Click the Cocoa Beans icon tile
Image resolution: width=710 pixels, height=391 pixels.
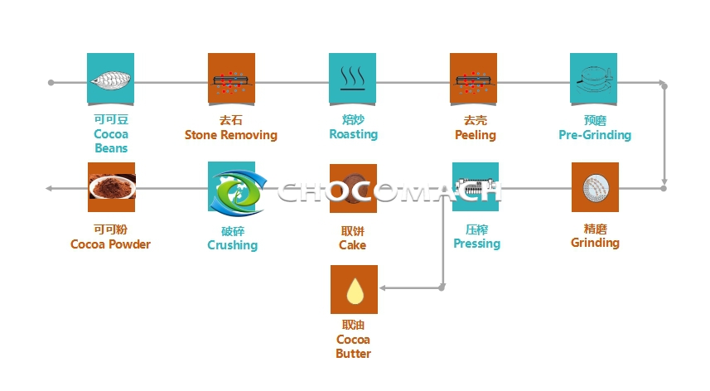110,80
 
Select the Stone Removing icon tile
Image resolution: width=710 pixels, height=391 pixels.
231,80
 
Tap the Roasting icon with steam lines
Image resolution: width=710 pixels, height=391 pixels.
352,80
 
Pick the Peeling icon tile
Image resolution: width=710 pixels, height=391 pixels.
473,80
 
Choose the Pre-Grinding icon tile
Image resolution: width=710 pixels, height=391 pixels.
594,80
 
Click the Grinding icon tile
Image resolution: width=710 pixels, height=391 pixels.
594,187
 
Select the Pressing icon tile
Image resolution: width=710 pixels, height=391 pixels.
475,187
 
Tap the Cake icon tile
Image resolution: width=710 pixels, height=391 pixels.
353,188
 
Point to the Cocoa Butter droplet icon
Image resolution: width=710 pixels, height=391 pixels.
354,289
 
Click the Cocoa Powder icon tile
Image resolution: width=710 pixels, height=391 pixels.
111,187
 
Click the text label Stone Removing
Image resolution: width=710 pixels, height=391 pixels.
230,135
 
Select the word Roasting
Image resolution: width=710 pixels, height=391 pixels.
353,134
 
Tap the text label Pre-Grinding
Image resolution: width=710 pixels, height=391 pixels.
594,135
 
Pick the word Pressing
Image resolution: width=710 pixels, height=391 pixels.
476,244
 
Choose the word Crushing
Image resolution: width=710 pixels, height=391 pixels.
232,245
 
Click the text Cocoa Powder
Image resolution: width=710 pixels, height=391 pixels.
110,244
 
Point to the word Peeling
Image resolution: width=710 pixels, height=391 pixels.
475,135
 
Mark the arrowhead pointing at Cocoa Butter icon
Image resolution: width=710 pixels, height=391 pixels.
384,288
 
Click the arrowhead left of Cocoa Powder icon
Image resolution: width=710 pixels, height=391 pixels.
50,188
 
